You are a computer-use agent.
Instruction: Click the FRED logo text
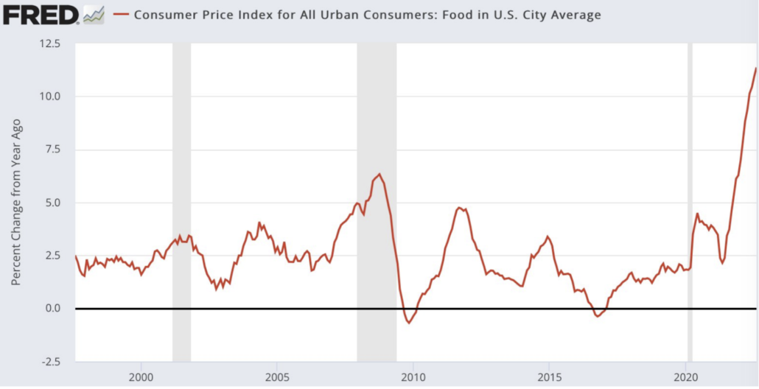click(41, 14)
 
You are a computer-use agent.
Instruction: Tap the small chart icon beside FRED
click(94, 14)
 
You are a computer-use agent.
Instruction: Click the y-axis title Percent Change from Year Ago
click(15, 203)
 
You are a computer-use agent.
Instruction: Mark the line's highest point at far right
click(756, 69)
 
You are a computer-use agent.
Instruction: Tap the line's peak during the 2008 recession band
click(379, 174)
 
